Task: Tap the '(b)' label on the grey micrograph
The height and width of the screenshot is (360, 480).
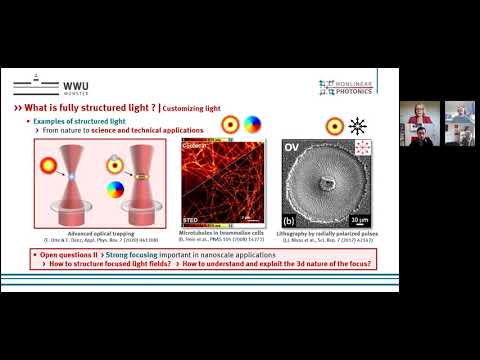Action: click(290, 220)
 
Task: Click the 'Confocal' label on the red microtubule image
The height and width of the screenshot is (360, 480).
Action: click(196, 144)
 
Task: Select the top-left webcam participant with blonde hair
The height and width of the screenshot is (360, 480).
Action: click(413, 116)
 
